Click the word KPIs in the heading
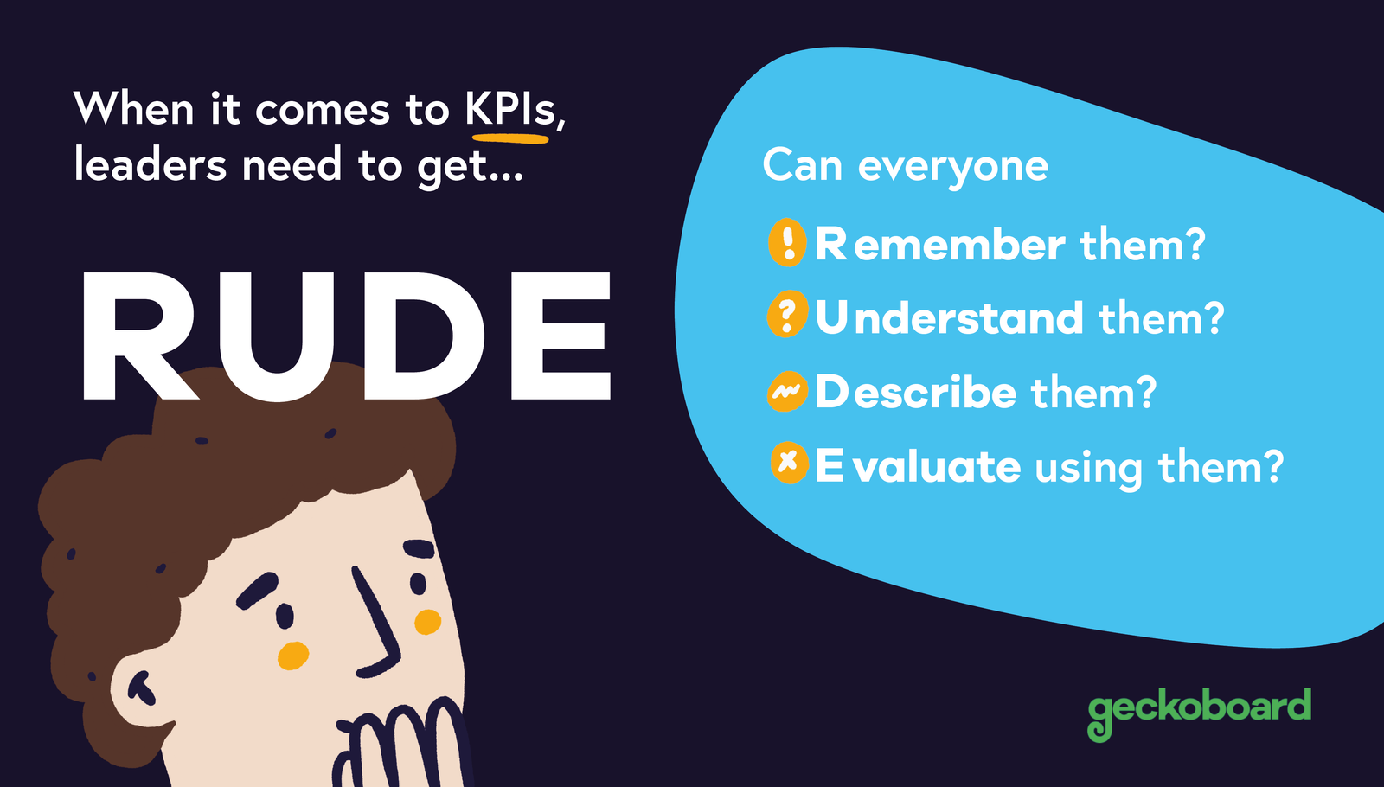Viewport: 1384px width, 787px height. tap(511, 110)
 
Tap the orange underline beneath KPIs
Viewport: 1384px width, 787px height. tap(510, 137)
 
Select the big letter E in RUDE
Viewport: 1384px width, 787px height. tap(561, 337)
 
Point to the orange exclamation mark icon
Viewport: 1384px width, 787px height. tap(788, 242)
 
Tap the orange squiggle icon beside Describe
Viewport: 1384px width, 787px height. tap(787, 392)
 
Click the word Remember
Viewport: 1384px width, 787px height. tap(939, 245)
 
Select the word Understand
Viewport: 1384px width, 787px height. tap(949, 318)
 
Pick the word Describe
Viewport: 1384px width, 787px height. tap(915, 393)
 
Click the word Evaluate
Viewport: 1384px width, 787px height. tap(918, 467)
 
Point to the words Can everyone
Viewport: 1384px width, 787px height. tap(905, 166)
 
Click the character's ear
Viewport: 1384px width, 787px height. tap(138, 688)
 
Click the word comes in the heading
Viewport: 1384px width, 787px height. tap(323, 111)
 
